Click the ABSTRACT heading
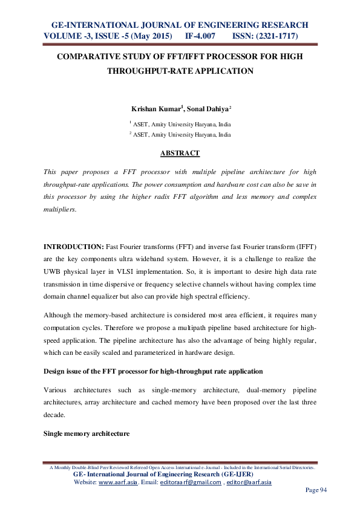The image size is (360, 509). click(x=180, y=154)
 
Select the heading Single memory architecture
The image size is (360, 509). click(x=86, y=434)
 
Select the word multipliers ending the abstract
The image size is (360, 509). click(x=62, y=208)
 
